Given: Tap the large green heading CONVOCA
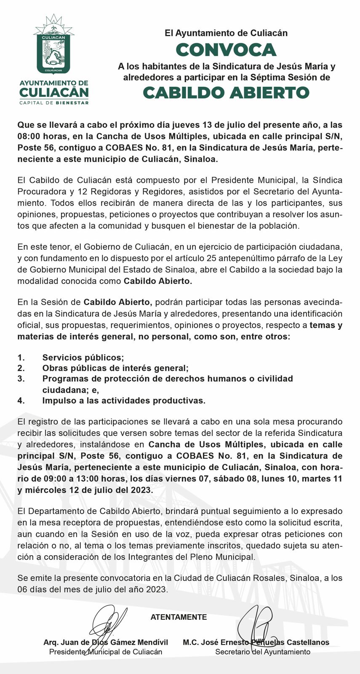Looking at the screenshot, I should pos(226,50).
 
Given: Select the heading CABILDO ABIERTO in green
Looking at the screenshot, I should pos(226,93).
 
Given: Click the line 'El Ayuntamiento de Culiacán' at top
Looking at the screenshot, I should pos(226,33).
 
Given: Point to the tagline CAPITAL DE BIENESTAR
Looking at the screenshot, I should pos(54,103).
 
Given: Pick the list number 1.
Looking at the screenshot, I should pos(21,358).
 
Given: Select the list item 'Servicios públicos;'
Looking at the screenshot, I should pos(83,358).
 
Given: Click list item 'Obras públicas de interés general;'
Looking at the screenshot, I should pos(115,368).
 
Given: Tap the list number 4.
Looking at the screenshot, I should pos(21,401).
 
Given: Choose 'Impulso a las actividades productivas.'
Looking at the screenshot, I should pos(124,401).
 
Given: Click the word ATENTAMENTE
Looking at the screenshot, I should pos(179,617).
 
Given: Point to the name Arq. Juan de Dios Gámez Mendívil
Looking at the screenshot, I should pos(106,642).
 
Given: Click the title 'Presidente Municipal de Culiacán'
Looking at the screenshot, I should pos(106,652).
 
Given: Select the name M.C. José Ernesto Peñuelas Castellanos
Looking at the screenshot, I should pos(256,642).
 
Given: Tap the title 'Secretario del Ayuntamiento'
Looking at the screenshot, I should pos(263,652).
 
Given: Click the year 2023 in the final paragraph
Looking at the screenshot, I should pos(157,589).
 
